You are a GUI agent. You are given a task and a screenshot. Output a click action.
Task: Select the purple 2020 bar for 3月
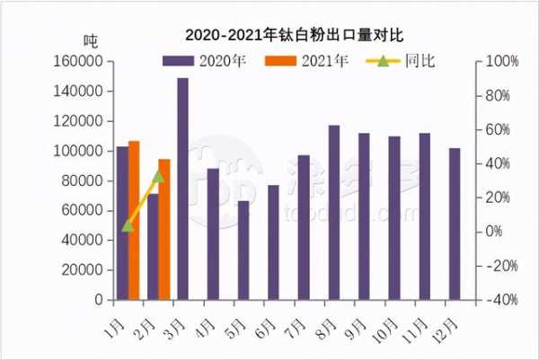tap(182, 189)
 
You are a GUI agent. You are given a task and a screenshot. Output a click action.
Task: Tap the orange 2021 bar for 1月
tap(134, 220)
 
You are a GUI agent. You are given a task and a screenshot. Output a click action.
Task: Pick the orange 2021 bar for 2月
tap(164, 229)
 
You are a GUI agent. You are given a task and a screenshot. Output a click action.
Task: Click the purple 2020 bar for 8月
tap(334, 212)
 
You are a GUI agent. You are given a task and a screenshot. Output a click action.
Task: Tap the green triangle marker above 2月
tap(159, 175)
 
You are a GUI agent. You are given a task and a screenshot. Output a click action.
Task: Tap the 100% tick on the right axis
tap(502, 62)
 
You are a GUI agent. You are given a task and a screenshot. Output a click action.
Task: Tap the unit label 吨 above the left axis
tap(90, 40)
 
